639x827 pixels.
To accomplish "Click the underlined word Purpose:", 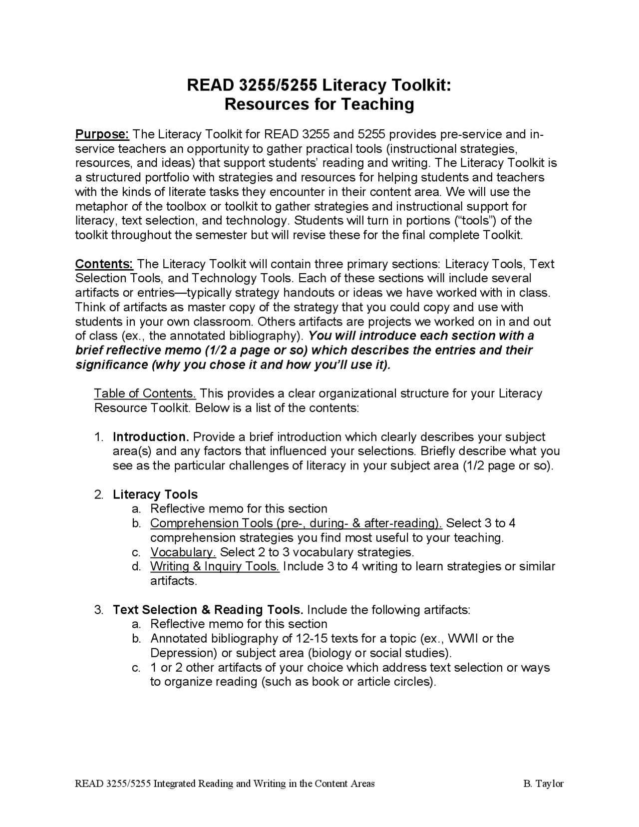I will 102,134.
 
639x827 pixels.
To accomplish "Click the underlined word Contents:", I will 104,264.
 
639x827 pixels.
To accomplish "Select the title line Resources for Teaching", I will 319,104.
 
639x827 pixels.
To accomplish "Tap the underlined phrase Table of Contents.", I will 145,394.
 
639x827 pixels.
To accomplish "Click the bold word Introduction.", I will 151,437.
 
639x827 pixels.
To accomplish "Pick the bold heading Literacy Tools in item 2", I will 155,494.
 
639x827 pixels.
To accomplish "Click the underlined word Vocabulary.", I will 183,552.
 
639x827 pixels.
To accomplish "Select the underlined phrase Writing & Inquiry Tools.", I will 215,566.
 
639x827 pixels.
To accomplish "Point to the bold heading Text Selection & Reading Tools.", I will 208,610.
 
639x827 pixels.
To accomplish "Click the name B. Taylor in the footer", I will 543,784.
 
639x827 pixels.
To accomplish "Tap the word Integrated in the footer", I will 175,784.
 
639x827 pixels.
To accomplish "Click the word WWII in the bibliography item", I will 463,639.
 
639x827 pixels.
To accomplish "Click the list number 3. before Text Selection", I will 99,610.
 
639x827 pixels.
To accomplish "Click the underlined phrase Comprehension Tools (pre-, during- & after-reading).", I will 296,523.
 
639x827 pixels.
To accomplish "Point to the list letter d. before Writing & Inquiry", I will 136,566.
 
